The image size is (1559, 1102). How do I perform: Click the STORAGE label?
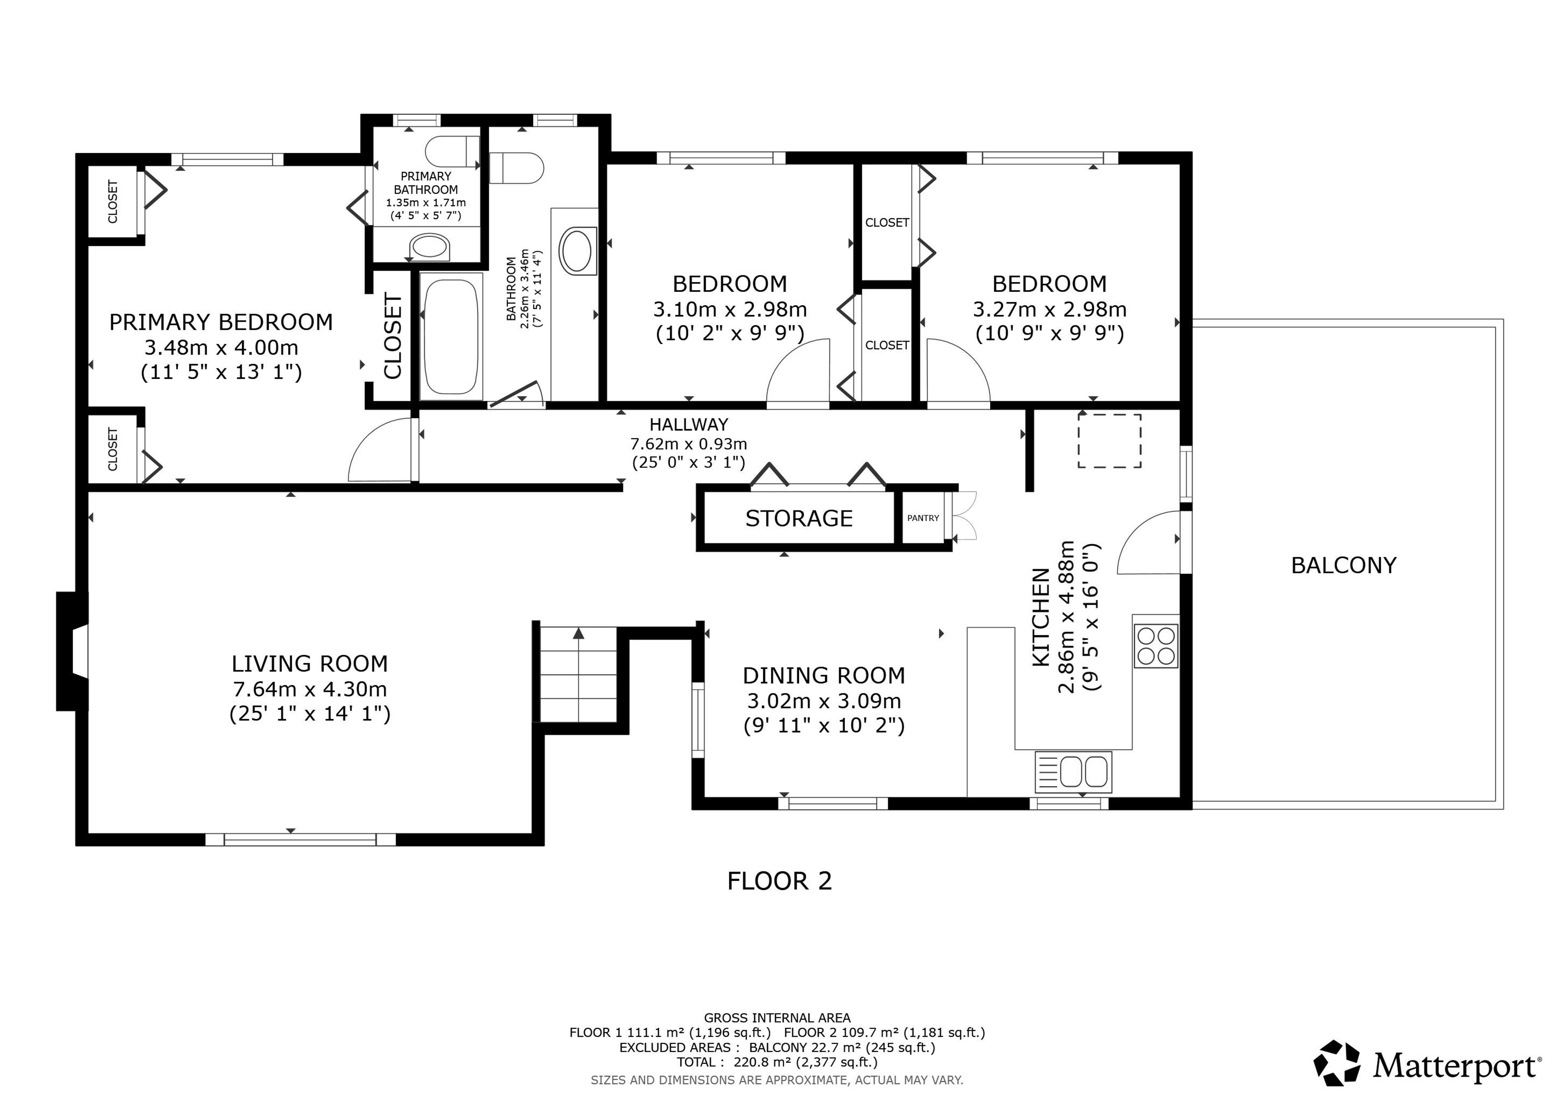[x=799, y=519]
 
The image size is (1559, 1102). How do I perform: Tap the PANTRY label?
[x=923, y=518]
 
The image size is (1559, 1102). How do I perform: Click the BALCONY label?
[x=1343, y=565]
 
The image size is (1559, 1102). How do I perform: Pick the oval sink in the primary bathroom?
[x=430, y=246]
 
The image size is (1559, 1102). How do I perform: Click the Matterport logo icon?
[x=1336, y=1063]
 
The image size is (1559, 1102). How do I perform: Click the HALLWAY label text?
[x=689, y=425]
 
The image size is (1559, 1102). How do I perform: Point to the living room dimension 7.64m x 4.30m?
[x=310, y=689]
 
